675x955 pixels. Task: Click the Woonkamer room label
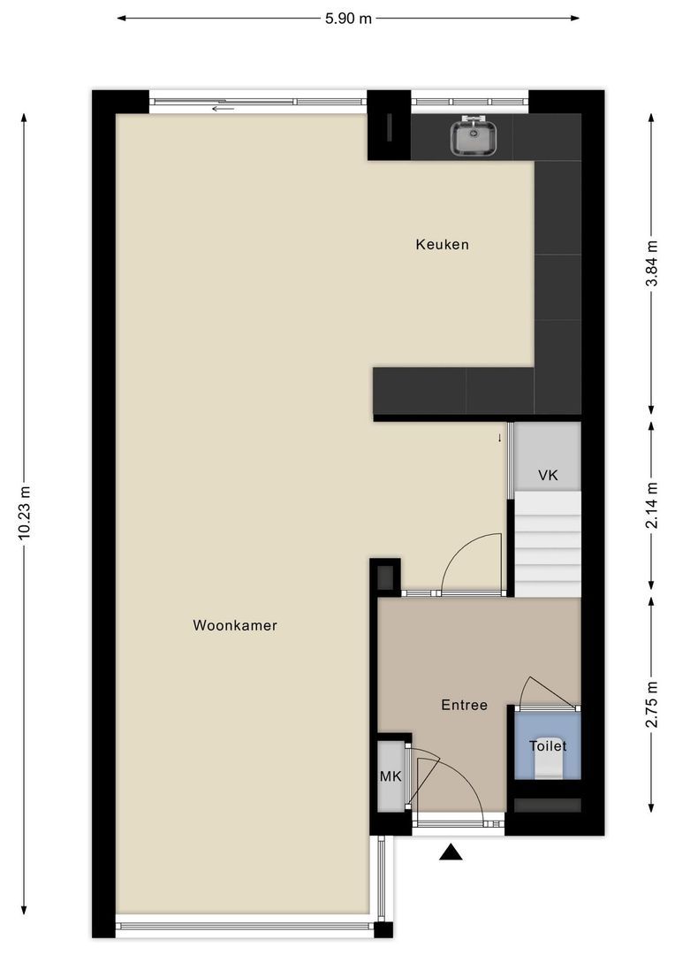click(235, 625)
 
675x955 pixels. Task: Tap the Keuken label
click(443, 244)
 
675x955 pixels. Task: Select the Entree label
click(465, 705)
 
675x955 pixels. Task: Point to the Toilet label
click(548, 745)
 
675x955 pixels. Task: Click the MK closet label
click(391, 776)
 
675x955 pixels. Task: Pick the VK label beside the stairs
click(548, 475)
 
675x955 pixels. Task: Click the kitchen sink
click(474, 137)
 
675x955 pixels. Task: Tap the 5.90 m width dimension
click(348, 19)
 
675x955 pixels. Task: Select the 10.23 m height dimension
click(25, 514)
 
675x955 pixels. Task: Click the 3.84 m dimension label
click(652, 264)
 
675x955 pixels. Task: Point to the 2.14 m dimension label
click(652, 506)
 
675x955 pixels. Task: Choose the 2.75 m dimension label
click(652, 704)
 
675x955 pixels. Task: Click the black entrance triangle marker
click(451, 852)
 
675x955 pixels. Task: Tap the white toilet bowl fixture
click(548, 768)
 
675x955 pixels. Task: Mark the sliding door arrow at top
click(223, 109)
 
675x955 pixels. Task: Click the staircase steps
click(548, 545)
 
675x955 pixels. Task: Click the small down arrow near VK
click(500, 438)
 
